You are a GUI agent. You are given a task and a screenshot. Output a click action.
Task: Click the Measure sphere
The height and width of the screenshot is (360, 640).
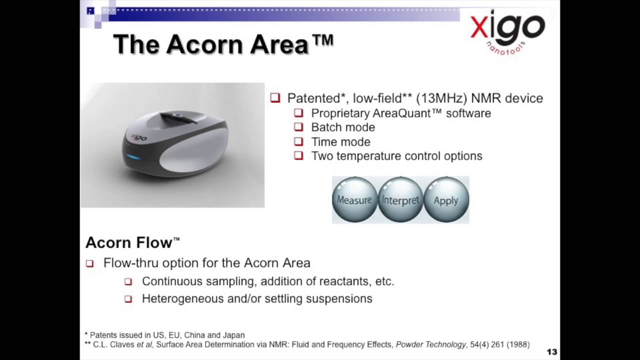354,199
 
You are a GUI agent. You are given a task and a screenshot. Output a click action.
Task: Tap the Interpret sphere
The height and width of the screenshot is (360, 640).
400,199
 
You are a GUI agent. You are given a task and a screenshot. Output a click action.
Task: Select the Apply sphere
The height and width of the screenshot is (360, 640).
446,199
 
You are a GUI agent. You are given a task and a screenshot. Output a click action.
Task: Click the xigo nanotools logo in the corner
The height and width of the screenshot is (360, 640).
507,31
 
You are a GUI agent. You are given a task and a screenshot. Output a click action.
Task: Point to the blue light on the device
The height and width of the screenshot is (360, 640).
133,157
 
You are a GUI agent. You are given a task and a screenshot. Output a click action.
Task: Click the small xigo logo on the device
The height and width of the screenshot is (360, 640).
138,137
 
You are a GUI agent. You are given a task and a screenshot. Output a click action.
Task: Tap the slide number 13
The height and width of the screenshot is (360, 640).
552,351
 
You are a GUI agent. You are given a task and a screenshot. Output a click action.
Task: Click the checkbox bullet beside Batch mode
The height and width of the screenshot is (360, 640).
298,127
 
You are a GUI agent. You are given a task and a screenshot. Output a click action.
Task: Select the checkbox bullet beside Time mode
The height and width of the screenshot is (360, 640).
298,141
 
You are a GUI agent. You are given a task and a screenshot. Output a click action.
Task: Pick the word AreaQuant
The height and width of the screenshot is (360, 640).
401,113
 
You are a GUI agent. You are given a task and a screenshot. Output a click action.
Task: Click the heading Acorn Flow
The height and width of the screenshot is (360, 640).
132,242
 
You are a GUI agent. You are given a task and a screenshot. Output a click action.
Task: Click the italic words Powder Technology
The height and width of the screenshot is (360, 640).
431,344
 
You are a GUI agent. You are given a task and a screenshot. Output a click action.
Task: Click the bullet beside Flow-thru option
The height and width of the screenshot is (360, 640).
89,263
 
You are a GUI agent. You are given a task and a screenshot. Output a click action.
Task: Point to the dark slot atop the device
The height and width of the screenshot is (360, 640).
178,117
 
